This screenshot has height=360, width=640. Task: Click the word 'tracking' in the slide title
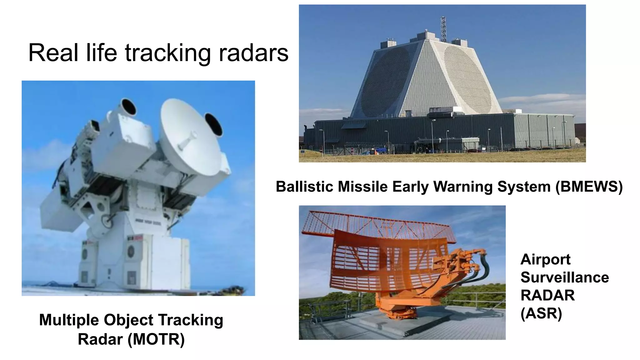168,53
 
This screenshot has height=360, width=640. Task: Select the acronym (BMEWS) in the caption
589,187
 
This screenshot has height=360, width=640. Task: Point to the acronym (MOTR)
156,339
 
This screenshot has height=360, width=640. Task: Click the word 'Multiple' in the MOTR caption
69,320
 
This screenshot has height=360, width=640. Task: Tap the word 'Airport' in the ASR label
545,259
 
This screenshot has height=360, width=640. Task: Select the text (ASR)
541,313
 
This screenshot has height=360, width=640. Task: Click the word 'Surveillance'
564,277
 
